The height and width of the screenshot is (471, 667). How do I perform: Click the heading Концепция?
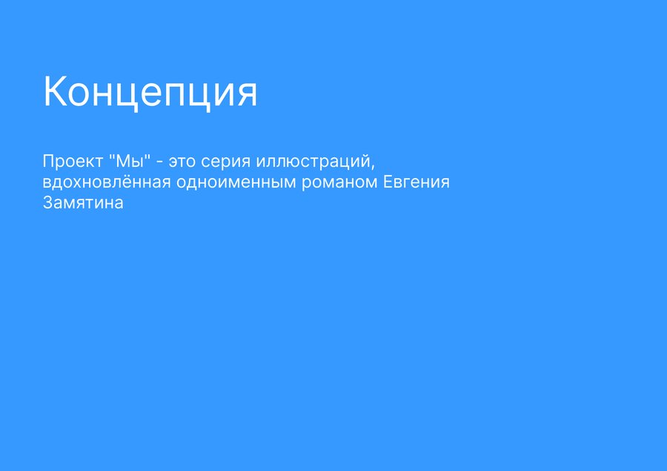coord(150,91)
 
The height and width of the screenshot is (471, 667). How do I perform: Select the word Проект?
coord(73,162)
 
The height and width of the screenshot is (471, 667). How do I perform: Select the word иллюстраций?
coord(313,162)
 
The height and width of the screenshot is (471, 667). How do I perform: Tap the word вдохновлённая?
coord(107,182)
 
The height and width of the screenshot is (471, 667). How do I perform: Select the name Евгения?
coord(417,182)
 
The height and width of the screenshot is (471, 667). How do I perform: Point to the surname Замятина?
coord(83,203)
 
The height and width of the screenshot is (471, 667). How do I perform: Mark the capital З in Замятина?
coord(47,202)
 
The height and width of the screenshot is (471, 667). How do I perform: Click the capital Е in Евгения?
coord(388,182)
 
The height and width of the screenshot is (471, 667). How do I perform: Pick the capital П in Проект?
coord(48,162)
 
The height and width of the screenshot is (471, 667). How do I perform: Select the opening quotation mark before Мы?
coord(112,157)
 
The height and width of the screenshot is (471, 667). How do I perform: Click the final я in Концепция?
coord(247,94)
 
